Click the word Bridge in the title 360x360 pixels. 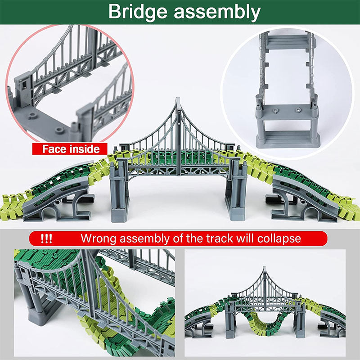coord(138,12)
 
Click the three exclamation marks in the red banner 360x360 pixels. coord(46,238)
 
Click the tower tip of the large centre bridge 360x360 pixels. coord(178,100)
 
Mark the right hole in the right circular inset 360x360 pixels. coord(298,109)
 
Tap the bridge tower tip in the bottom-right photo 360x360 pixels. coord(264,269)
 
